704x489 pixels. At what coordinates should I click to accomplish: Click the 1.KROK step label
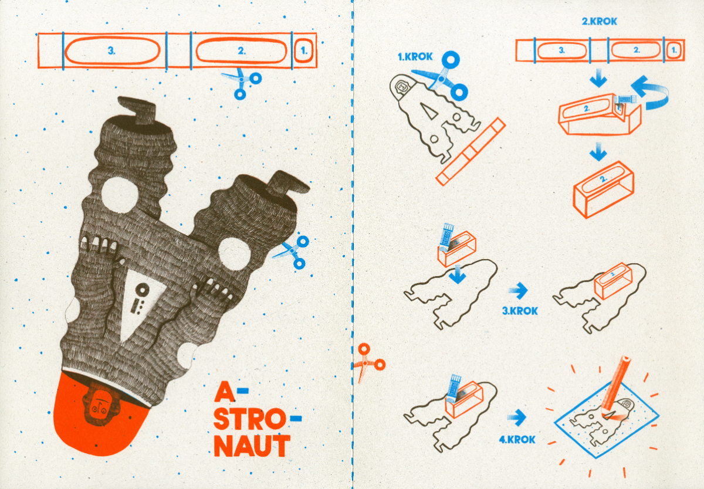pyautogui.click(x=415, y=57)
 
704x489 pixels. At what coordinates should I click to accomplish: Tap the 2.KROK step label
pyautogui.click(x=599, y=21)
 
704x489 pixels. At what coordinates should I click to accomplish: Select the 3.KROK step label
pyautogui.click(x=520, y=311)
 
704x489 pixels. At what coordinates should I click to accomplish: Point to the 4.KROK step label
pyautogui.click(x=517, y=439)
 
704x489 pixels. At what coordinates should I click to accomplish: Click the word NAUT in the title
pyautogui.click(x=252, y=446)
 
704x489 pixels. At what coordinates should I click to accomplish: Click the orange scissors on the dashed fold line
pyautogui.click(x=368, y=362)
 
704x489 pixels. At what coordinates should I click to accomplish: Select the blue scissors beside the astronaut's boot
pyautogui.click(x=292, y=252)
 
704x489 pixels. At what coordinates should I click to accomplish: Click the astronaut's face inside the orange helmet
pyautogui.click(x=98, y=407)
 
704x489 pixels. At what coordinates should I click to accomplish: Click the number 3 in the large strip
pyautogui.click(x=111, y=50)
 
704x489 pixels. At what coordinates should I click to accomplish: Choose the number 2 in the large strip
pyautogui.click(x=241, y=50)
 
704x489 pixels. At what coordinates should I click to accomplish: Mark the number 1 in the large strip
pyautogui.click(x=304, y=50)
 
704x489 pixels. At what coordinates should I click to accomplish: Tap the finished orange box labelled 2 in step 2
pyautogui.click(x=604, y=189)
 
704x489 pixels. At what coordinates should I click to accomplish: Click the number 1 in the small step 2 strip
pyautogui.click(x=673, y=50)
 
